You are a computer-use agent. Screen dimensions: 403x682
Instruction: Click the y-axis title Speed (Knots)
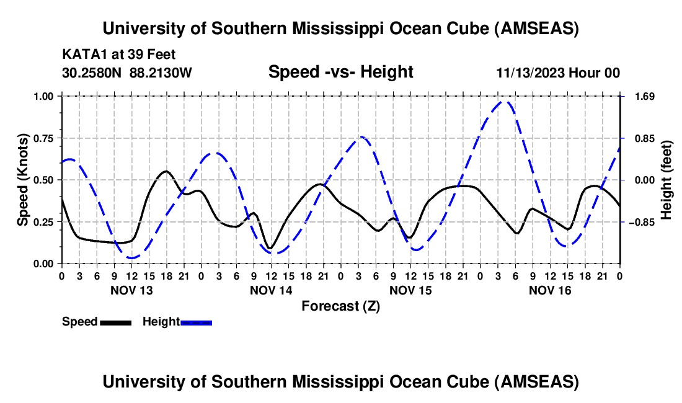[x=23, y=180]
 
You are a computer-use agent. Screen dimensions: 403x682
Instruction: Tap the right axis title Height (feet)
[x=666, y=180]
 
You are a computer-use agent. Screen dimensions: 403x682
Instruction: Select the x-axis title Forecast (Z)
[x=340, y=306]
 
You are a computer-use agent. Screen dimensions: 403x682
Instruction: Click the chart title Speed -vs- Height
[x=340, y=73]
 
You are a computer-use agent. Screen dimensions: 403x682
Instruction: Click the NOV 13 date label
[x=131, y=290]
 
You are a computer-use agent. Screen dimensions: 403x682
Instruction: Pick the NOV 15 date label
[x=410, y=290]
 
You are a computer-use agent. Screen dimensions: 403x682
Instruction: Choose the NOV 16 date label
[x=550, y=290]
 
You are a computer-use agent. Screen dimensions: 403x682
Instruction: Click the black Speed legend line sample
[x=115, y=322]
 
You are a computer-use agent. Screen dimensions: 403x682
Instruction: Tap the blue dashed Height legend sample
[x=197, y=322]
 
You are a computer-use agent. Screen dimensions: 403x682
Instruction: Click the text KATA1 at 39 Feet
[x=119, y=55]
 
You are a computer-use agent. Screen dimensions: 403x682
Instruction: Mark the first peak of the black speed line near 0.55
[x=166, y=171]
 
